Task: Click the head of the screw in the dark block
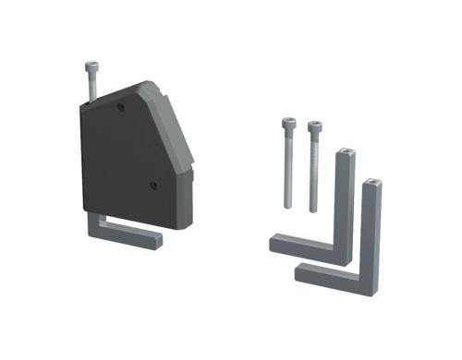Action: pyautogui.click(x=91, y=66)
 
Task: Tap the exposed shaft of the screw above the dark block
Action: pyautogui.click(x=91, y=85)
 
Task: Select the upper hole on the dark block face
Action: pyautogui.click(x=120, y=109)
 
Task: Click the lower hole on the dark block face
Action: pyautogui.click(x=153, y=185)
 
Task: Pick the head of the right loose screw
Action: pyautogui.click(x=314, y=125)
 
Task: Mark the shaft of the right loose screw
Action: pyautogui.click(x=314, y=171)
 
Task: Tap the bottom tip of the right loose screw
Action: pyautogui.click(x=314, y=210)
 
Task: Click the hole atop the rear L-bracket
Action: pyautogui.click(x=345, y=150)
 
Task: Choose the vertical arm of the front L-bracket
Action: pyautogui.click(x=371, y=231)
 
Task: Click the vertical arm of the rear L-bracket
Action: pyautogui.click(x=344, y=203)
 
